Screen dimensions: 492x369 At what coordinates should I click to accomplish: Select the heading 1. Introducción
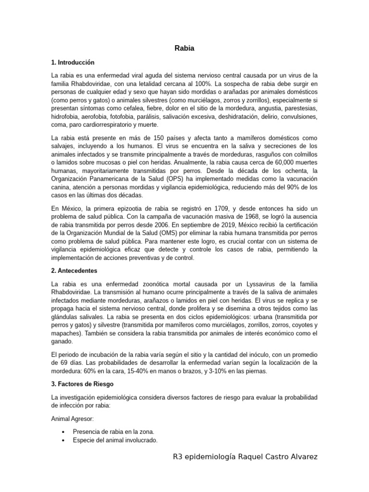click(x=73, y=62)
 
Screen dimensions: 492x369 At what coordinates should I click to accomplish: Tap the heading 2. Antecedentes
click(x=74, y=271)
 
